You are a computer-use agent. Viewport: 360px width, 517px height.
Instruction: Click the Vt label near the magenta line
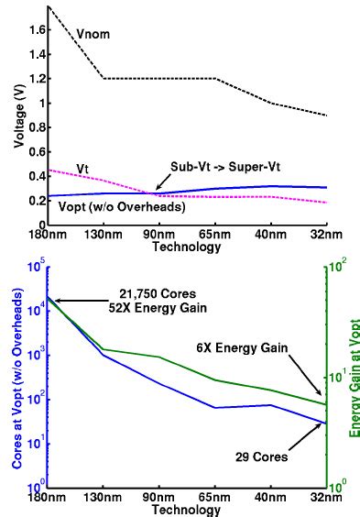82,168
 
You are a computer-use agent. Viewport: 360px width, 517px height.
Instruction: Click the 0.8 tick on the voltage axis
37,127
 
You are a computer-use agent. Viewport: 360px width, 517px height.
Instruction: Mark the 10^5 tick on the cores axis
36,268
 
